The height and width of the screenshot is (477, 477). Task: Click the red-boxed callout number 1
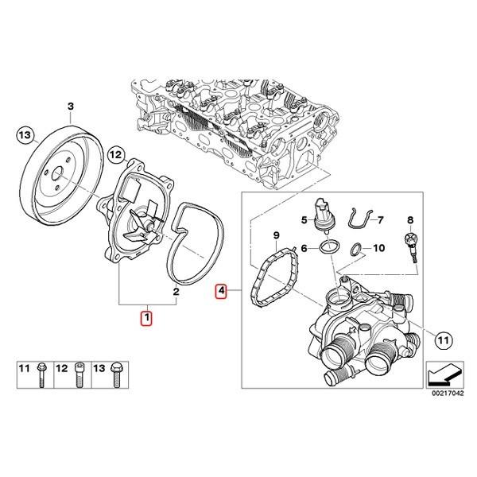point(146,318)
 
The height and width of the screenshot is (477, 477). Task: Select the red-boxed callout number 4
point(221,292)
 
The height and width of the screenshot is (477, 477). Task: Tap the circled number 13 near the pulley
point(25,134)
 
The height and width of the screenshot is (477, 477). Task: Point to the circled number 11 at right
point(444,339)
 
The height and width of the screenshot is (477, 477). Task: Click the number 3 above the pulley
point(70,107)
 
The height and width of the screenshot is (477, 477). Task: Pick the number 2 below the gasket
point(176,292)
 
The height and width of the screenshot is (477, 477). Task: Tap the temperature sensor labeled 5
point(323,215)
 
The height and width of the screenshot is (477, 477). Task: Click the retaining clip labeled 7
point(360,218)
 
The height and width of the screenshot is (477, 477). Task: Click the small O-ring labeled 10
point(355,250)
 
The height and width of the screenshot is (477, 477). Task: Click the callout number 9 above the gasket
point(276,235)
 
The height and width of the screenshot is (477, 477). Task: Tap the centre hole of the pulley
point(57,174)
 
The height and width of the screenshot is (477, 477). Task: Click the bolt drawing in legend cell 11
point(41,374)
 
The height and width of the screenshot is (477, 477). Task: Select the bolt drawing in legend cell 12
point(79,374)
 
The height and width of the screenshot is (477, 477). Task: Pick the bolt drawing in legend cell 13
point(117,374)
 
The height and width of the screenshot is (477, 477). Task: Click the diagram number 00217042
point(449,394)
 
